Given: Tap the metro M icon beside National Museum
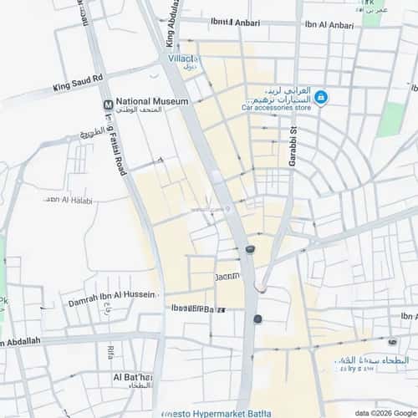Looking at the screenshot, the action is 108,104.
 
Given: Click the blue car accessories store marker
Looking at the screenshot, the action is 321,98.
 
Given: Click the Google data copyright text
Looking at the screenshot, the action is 385,413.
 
